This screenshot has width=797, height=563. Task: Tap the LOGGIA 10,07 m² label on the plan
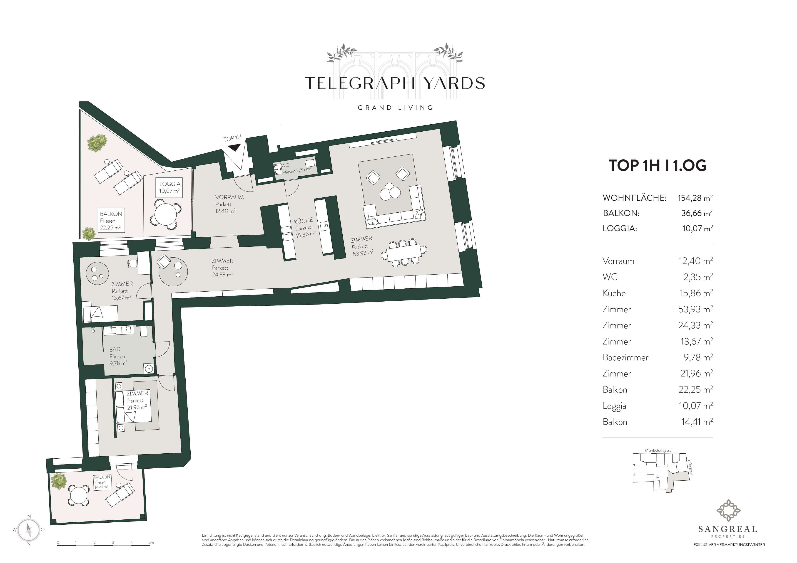170,187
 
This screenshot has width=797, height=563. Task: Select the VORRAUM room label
229,197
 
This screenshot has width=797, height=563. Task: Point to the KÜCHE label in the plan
303,221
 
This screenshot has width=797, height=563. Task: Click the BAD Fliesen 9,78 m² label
118,356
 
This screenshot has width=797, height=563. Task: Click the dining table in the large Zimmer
404,252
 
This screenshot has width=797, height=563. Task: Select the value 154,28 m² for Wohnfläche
695,198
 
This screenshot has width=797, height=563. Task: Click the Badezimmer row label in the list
625,357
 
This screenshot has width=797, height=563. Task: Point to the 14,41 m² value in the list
697,422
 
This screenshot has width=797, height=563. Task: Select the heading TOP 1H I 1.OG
658,165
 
